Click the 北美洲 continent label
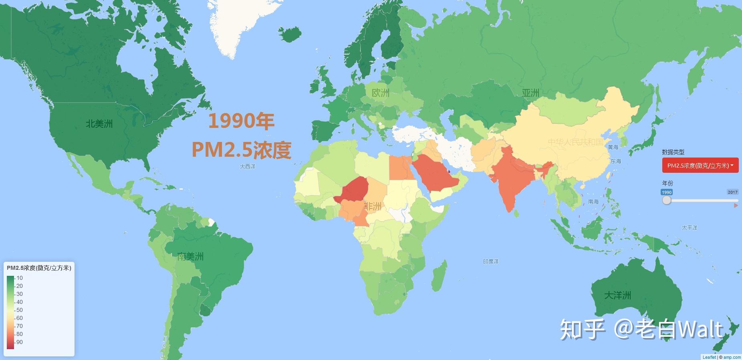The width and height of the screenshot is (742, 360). coord(99,123)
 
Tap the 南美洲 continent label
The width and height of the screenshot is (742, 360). coord(190,256)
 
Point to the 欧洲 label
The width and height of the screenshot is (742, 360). coord(381,93)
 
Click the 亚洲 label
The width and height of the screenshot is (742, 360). coord(530,93)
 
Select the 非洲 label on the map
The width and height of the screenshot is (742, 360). coord(373,206)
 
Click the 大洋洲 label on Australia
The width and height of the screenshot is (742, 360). coord(617,295)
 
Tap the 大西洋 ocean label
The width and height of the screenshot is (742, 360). coord(247,166)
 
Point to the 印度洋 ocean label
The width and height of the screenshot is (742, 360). coord(490,261)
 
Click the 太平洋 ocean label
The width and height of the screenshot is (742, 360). coord(690,227)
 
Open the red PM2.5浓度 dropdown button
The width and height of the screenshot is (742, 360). coord(700,165)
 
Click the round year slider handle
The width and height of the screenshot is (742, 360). coord(667,200)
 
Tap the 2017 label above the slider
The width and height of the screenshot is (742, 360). coord(732,192)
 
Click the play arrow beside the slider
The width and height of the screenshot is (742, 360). coord(736,205)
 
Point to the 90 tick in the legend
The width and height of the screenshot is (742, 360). coord(19,342)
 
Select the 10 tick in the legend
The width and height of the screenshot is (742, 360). coord(19,278)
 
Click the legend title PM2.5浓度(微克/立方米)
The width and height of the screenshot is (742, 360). coord(39,268)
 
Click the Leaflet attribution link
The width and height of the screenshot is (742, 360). coord(709,357)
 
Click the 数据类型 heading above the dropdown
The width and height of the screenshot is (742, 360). coord(673,152)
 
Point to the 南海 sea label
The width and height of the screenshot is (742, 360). coord(593,201)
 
